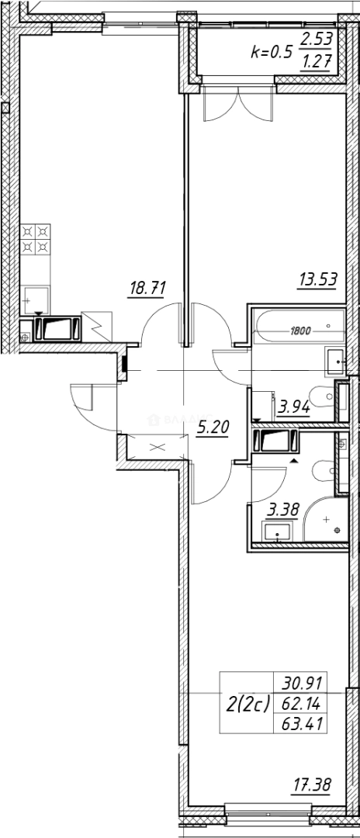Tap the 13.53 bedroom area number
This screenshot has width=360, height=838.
pyautogui.click(x=318, y=279)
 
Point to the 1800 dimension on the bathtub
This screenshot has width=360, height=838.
pyautogui.click(x=300, y=331)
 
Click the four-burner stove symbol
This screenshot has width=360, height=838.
pyautogui.click(x=35, y=238)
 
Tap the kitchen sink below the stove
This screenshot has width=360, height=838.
pyautogui.click(x=36, y=298)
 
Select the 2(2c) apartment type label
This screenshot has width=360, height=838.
pyautogui.click(x=247, y=705)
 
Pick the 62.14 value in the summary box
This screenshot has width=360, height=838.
pyautogui.click(x=303, y=705)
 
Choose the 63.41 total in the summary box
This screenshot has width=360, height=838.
pyautogui.click(x=303, y=726)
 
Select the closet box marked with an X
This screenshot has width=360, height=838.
pyautogui.click(x=159, y=447)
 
